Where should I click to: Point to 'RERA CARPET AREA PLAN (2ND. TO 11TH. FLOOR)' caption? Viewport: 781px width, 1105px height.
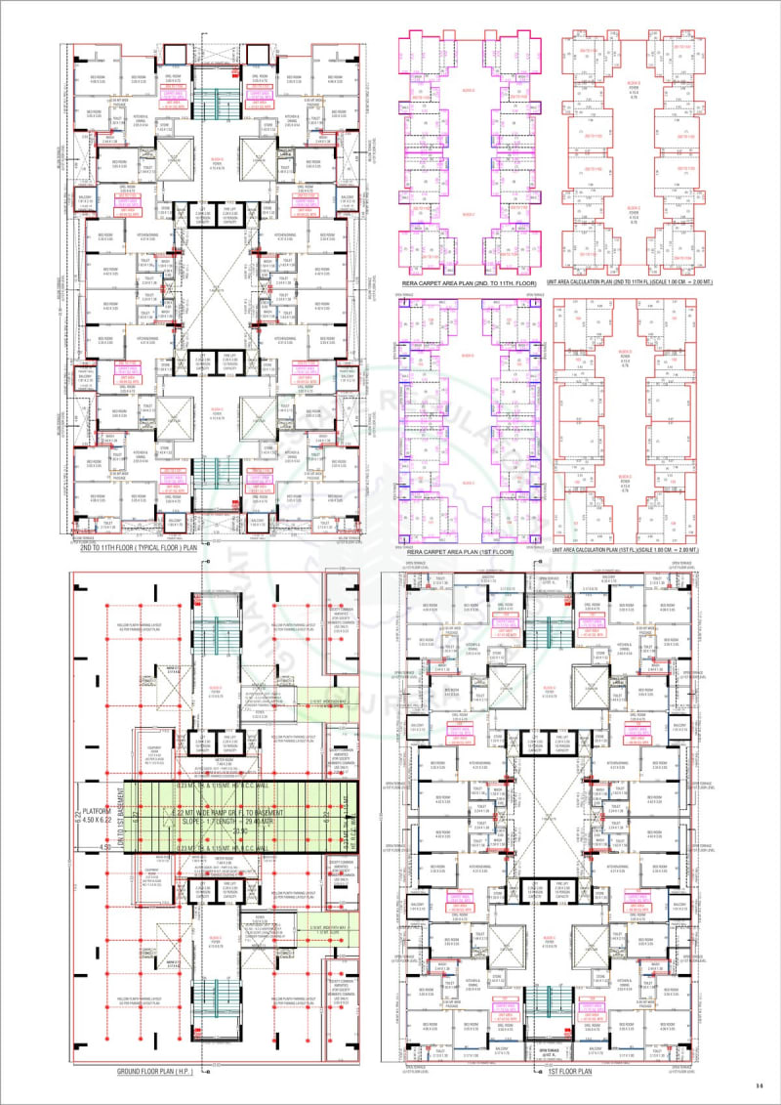click(x=469, y=284)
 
